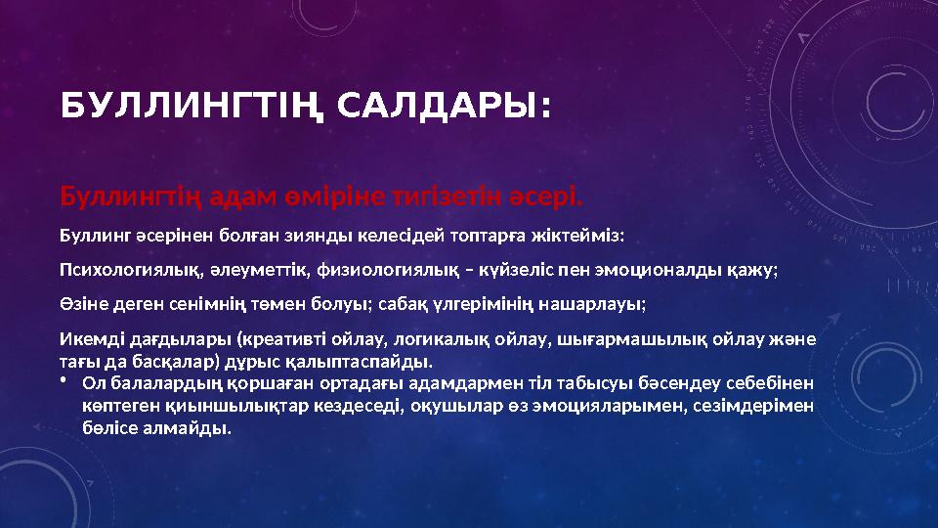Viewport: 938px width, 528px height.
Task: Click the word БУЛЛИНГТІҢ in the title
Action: click(x=189, y=106)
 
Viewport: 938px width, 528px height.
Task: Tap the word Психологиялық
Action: click(x=120, y=270)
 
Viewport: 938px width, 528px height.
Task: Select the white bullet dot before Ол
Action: click(x=63, y=381)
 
